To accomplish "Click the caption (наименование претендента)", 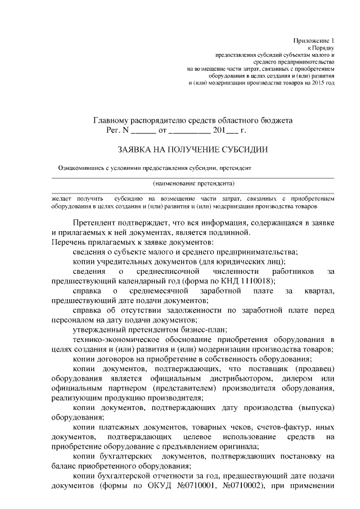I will click(193, 183).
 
